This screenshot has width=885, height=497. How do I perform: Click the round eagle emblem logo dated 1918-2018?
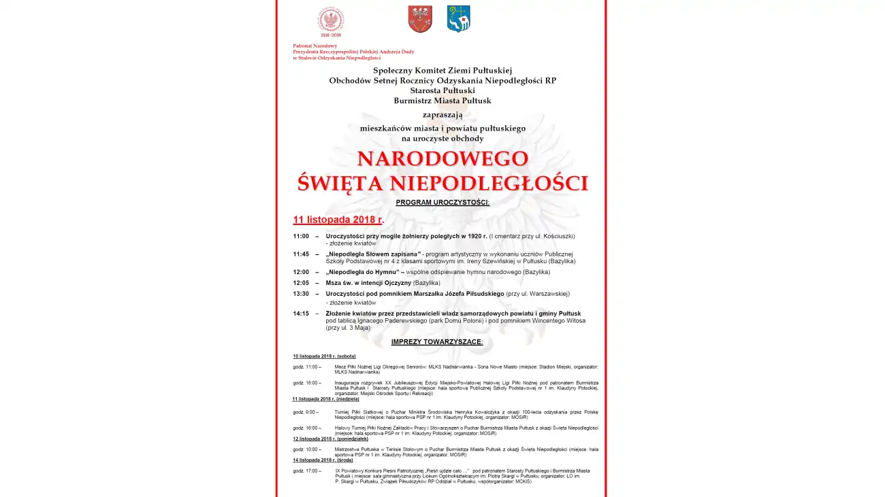[x=330, y=20]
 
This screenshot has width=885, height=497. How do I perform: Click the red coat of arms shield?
[x=420, y=19]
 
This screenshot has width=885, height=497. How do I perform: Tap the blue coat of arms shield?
[x=458, y=19]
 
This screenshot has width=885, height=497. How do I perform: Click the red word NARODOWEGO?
[x=442, y=158]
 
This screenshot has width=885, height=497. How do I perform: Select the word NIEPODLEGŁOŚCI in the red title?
[x=489, y=183]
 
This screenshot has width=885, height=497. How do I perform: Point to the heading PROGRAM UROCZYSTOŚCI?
[x=442, y=203]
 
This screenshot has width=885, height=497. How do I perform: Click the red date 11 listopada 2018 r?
[x=338, y=220]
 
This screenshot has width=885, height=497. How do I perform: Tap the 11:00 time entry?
[x=301, y=236]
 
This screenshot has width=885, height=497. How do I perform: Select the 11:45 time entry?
[x=301, y=254]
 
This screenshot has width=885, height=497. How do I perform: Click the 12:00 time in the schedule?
[x=301, y=272]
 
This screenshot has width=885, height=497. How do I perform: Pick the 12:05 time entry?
[x=301, y=283]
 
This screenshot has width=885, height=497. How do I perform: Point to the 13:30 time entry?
[x=301, y=294]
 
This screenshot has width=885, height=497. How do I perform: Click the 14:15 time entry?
[x=301, y=313]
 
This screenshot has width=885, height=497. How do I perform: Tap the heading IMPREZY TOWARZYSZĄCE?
[x=437, y=342]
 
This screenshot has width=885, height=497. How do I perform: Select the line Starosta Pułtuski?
[x=442, y=90]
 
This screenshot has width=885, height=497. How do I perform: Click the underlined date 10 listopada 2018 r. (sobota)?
[x=324, y=356]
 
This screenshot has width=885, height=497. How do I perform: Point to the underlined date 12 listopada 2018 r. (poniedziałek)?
[x=330, y=439]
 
